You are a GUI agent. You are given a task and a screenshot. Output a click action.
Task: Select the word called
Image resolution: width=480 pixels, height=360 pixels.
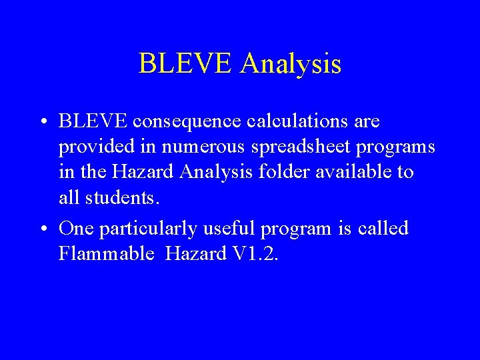pos(383,229)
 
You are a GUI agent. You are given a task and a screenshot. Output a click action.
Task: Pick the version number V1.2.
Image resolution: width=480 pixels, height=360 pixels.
pos(253,254)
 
